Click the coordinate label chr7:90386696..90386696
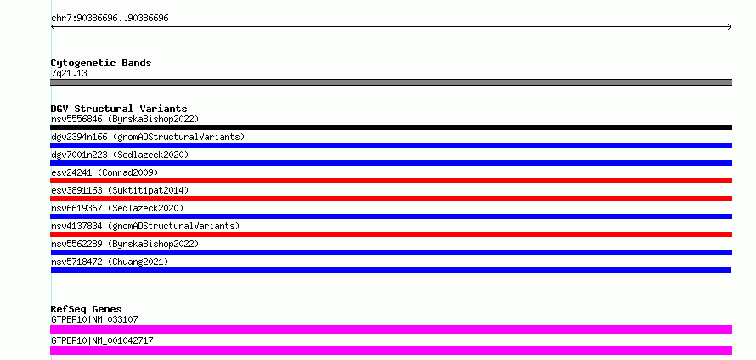pos(110,19)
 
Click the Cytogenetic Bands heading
pos(101,63)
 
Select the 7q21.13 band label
pos(69,74)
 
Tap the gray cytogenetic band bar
pos(391,82)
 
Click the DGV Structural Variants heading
pos(119,109)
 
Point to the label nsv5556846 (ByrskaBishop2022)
pos(125,119)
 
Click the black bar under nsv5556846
pos(391,127)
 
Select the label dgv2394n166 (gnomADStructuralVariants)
pos(148,137)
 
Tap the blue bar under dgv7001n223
pos(391,163)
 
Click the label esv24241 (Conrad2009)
pos(104,172)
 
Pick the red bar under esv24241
pos(391,181)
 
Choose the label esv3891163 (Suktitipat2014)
pos(120,190)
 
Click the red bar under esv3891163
pos(391,199)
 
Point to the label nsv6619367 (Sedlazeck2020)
pos(117,208)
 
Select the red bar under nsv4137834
pos(391,234)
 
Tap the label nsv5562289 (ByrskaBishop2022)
pos(125,244)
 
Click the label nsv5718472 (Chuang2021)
pos(110,262)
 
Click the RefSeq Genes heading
pos(87,309)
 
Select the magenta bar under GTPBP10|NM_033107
pos(391,329)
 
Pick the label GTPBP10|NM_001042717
pos(102,340)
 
